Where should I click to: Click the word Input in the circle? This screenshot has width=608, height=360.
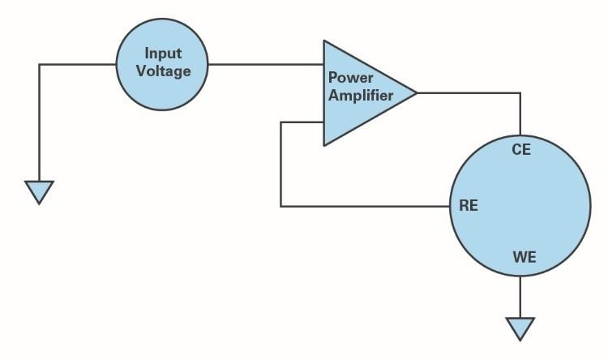click(x=163, y=54)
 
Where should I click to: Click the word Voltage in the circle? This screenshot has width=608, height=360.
click(x=163, y=71)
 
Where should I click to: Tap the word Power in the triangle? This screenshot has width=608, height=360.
click(x=350, y=78)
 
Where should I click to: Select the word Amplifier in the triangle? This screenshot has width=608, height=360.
click(x=361, y=95)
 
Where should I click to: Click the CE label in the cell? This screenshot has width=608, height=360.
click(x=521, y=150)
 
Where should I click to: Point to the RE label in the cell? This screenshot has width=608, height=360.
click(x=469, y=206)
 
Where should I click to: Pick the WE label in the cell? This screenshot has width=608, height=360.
click(x=525, y=258)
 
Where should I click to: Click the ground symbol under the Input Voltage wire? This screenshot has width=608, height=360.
click(x=39, y=191)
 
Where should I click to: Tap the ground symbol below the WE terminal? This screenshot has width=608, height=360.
click(x=520, y=328)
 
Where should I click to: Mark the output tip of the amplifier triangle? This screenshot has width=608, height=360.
click(x=416, y=93)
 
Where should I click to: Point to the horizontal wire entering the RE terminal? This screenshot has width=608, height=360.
click(x=365, y=206)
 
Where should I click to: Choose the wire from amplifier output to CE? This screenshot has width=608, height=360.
click(x=470, y=93)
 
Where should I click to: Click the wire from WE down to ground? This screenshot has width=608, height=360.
click(x=520, y=297)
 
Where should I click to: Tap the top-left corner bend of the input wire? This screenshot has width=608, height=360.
click(x=39, y=65)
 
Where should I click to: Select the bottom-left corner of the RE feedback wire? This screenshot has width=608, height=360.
click(x=280, y=206)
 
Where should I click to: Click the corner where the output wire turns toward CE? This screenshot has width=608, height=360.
click(x=520, y=93)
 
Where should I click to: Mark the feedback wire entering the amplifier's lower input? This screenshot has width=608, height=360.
click(x=302, y=122)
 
